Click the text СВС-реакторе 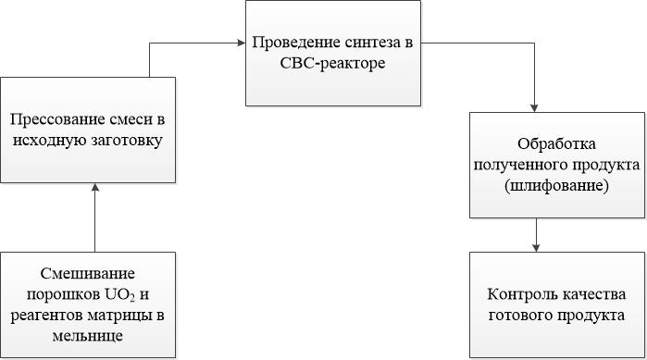(x=332, y=64)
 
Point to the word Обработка (x=556, y=144)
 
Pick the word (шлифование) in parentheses (x=556, y=186)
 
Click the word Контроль (x=521, y=294)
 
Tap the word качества (x=592, y=295)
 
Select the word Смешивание (x=88, y=274)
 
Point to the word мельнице (x=88, y=336)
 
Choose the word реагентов (x=47, y=316)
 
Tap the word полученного (x=519, y=165)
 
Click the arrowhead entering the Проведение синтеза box (x=242, y=43)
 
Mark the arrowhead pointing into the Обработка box (x=534, y=108)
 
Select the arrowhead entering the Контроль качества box (x=536, y=248)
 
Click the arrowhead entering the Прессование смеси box (x=95, y=188)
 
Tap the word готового (x=520, y=316)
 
